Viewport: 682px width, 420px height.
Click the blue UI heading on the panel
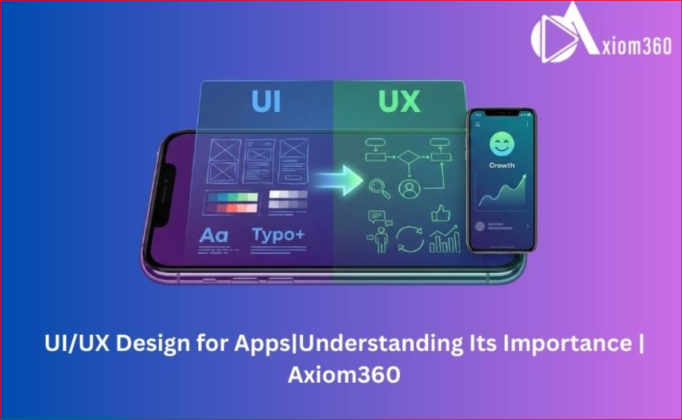(x=266, y=101)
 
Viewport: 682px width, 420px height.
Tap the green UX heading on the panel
(x=399, y=101)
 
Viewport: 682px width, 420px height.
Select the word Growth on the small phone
(x=502, y=165)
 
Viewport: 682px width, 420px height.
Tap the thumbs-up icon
(x=440, y=212)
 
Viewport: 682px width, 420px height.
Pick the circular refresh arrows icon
(x=411, y=238)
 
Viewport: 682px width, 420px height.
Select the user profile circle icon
(x=408, y=188)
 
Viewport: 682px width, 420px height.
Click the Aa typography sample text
(x=214, y=236)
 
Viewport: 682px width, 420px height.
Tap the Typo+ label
(x=278, y=234)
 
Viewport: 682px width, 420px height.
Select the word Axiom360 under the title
(x=344, y=374)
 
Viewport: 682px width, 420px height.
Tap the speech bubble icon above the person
(x=378, y=217)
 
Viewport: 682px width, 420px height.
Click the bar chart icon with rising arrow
(x=444, y=240)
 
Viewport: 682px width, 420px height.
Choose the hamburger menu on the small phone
(x=477, y=125)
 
